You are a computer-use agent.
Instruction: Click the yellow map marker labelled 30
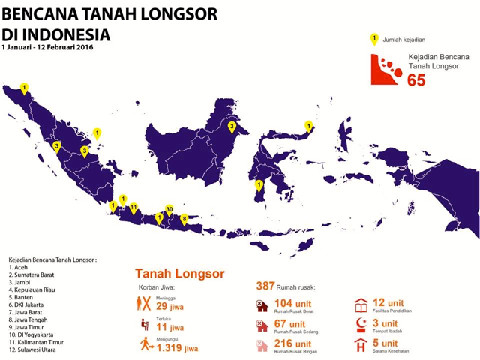click(169, 210)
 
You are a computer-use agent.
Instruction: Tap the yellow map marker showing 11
click(133, 207)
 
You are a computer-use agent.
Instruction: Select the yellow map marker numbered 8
click(184, 219)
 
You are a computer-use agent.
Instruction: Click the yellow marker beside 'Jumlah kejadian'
click(374, 39)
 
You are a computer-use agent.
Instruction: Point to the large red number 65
click(416, 79)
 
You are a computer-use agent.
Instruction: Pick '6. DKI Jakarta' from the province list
click(27, 304)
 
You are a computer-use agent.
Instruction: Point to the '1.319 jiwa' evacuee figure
click(177, 347)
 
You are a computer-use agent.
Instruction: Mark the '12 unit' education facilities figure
click(388, 302)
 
